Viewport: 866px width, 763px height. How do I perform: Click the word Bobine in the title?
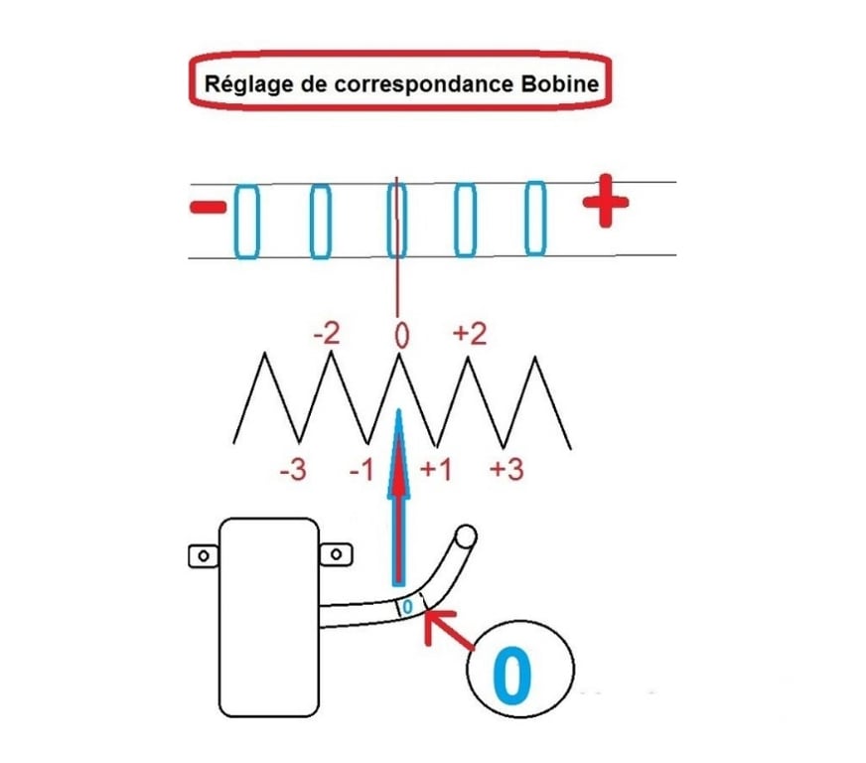tap(559, 83)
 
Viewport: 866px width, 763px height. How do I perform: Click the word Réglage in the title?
tap(238, 84)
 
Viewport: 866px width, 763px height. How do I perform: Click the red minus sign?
tap(208, 208)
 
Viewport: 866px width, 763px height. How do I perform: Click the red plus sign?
tap(606, 207)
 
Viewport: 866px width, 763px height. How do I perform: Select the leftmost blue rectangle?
tap(245, 220)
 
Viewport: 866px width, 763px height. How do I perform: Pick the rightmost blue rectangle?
tap(535, 218)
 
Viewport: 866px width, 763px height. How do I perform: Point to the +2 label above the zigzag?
tap(469, 333)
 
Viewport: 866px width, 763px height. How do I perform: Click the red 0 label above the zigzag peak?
tap(400, 336)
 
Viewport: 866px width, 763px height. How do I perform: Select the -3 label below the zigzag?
tap(292, 470)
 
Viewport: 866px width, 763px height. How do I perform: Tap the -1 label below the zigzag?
tap(361, 470)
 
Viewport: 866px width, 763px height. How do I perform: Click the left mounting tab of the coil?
tap(205, 554)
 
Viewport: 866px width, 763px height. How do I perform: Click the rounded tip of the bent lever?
tap(465, 537)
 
